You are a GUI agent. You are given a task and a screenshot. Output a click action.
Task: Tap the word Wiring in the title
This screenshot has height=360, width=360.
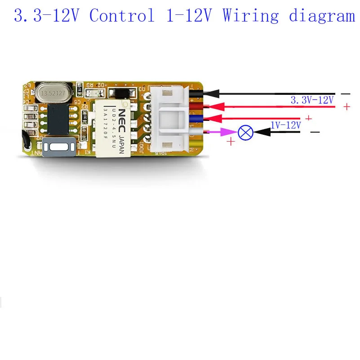coord(250,16)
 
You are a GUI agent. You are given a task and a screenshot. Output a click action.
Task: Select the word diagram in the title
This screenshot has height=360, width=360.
coord(321,17)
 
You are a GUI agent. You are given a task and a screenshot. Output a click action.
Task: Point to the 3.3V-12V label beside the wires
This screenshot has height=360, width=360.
coord(312,100)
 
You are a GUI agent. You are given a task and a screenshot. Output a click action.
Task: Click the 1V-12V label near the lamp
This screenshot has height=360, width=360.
coord(285,125)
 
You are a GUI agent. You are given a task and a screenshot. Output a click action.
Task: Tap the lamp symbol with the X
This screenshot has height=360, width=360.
coord(245,133)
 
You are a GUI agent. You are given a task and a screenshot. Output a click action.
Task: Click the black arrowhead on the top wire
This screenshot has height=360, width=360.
coord(213,93)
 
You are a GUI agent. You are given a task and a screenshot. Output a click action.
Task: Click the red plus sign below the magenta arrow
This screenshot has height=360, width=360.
coord(231,142)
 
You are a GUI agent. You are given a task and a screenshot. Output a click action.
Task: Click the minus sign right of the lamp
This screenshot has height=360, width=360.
coord(315,132)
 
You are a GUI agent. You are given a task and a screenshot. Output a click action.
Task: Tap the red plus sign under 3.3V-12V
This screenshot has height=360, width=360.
coord(347,107)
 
